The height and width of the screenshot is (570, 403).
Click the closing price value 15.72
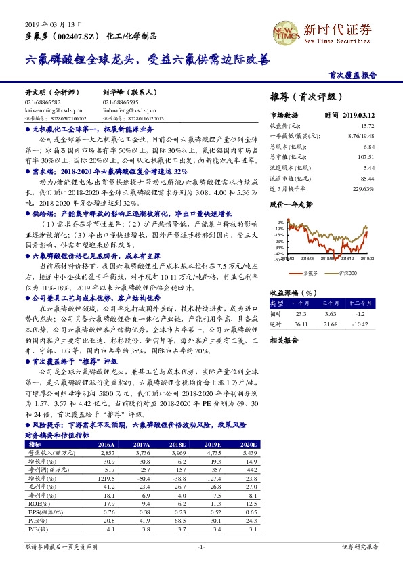[x=367, y=126]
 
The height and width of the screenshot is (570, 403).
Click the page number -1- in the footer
[x=201, y=546]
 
